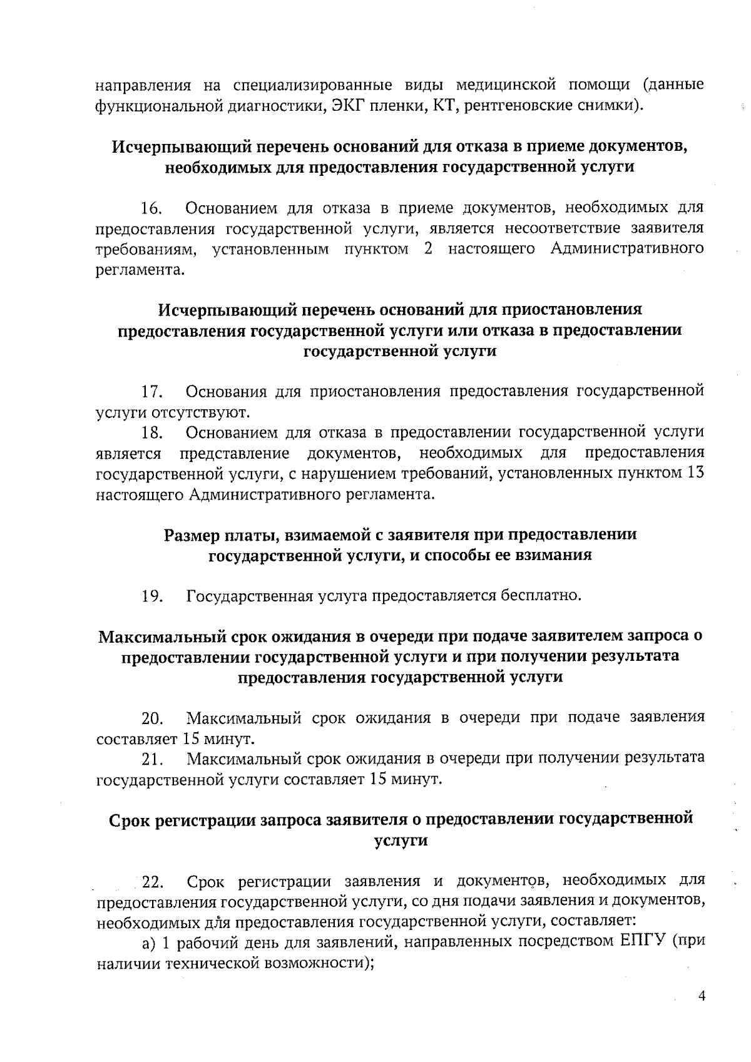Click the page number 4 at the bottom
click(702, 996)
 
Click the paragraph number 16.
click(152, 208)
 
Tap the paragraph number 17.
click(152, 392)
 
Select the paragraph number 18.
click(152, 433)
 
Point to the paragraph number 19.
click(152, 596)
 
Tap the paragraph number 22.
click(153, 882)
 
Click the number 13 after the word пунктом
click(695, 473)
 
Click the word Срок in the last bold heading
click(130, 820)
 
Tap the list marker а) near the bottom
click(148, 942)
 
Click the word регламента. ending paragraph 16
click(141, 270)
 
